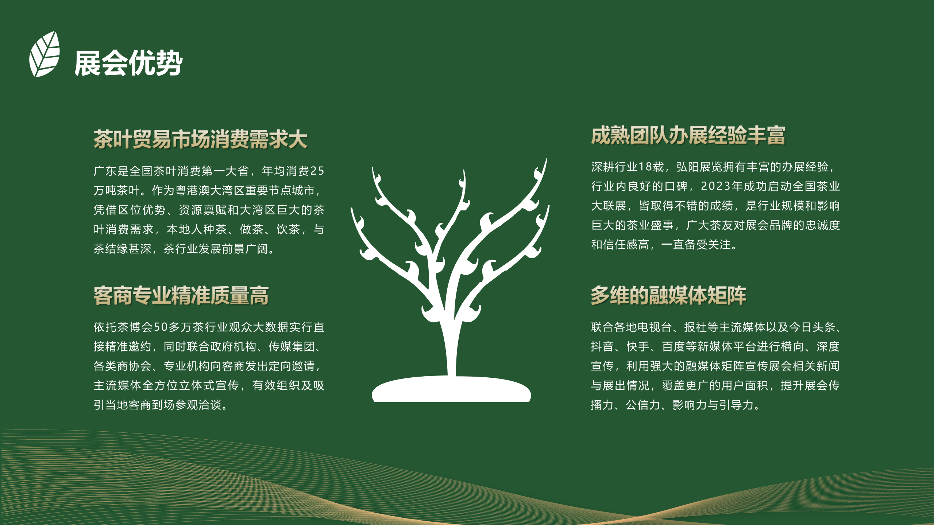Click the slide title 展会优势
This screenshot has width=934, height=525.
point(128,63)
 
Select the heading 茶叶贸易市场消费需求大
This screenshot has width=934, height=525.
point(200,139)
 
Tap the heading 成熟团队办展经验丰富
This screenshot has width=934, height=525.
point(688,136)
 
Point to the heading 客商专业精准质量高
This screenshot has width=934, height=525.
point(181,295)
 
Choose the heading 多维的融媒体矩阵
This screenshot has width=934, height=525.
point(668,295)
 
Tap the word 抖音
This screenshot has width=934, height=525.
point(602,346)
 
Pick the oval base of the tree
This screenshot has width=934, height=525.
point(451,390)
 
